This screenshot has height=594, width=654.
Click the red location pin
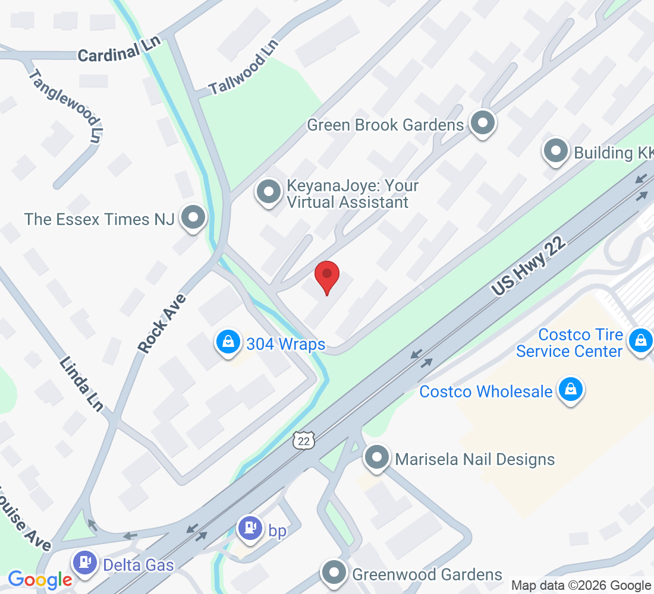coord(326,276)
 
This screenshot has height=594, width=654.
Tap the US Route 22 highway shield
coord(303,440)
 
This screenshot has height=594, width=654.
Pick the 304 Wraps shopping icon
coord(228,342)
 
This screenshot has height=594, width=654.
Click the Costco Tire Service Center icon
coord(640,341)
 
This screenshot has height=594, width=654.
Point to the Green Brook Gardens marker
coord(483,124)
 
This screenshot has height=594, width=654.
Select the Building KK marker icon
coord(556,151)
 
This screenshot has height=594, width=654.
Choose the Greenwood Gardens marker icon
coord(334,573)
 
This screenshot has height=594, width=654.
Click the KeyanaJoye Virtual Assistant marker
coord(269,192)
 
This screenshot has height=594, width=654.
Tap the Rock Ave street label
coord(162,323)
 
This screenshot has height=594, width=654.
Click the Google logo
coord(40,579)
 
